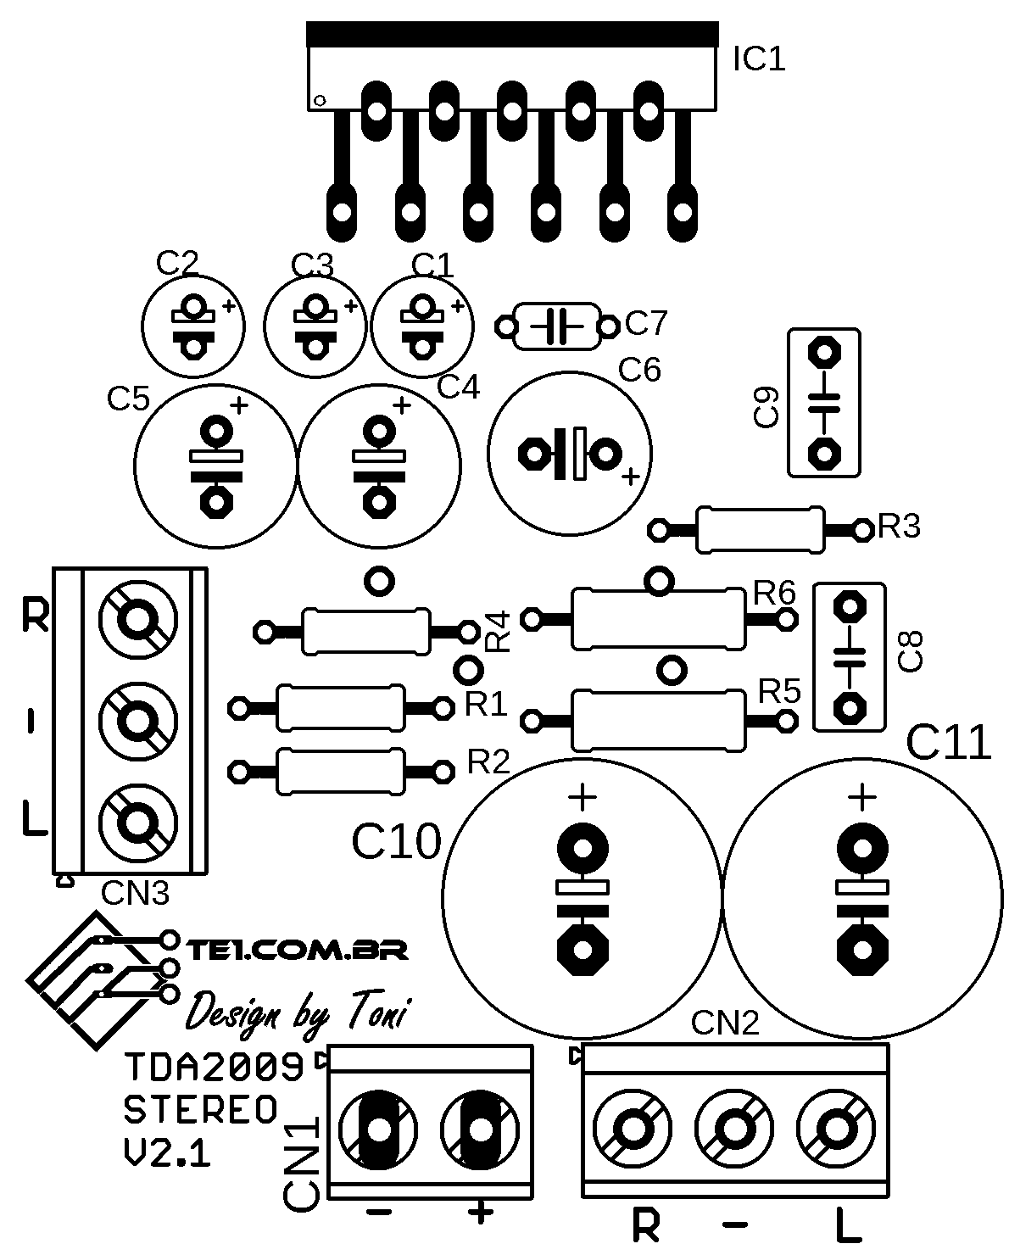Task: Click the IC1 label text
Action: tap(759, 59)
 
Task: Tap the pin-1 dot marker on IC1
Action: tap(320, 101)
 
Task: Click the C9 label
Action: tap(766, 406)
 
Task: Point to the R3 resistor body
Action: tap(761, 529)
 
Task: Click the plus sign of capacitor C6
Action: tap(631, 477)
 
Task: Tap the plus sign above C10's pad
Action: tap(582, 797)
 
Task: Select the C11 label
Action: tap(948, 742)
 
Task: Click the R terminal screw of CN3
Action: tap(138, 619)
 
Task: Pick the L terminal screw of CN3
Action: tap(138, 823)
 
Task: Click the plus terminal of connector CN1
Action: tap(480, 1130)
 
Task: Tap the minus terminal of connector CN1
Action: tap(378, 1130)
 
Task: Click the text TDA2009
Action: tap(214, 1068)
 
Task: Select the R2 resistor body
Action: tap(341, 771)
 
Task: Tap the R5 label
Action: tap(779, 692)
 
